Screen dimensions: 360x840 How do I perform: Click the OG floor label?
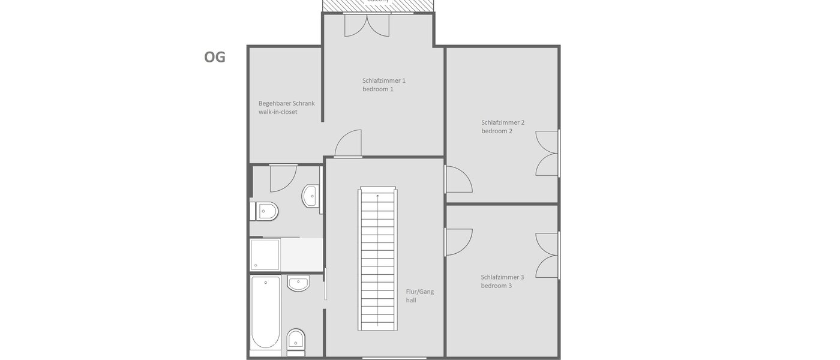(x=215, y=57)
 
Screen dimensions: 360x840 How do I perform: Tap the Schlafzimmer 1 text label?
(x=384, y=85)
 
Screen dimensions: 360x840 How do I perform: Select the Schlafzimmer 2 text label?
(x=503, y=127)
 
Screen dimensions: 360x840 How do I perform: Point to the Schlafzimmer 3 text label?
(x=502, y=281)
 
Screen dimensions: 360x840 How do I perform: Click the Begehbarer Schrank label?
(x=286, y=107)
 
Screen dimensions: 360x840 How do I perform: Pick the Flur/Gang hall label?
(x=419, y=296)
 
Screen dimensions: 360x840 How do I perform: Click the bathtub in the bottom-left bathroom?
(x=265, y=312)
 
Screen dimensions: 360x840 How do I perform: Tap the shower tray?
(x=265, y=254)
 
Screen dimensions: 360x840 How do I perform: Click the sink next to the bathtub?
(x=298, y=283)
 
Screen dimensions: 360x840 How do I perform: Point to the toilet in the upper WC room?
(x=266, y=211)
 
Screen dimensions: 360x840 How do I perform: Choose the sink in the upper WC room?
(x=310, y=196)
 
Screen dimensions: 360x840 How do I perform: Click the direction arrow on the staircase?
(x=377, y=196)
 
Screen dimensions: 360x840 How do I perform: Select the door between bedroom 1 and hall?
(x=349, y=144)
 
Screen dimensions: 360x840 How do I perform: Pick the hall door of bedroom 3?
(x=458, y=242)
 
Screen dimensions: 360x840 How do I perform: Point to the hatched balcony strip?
(x=378, y=5)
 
